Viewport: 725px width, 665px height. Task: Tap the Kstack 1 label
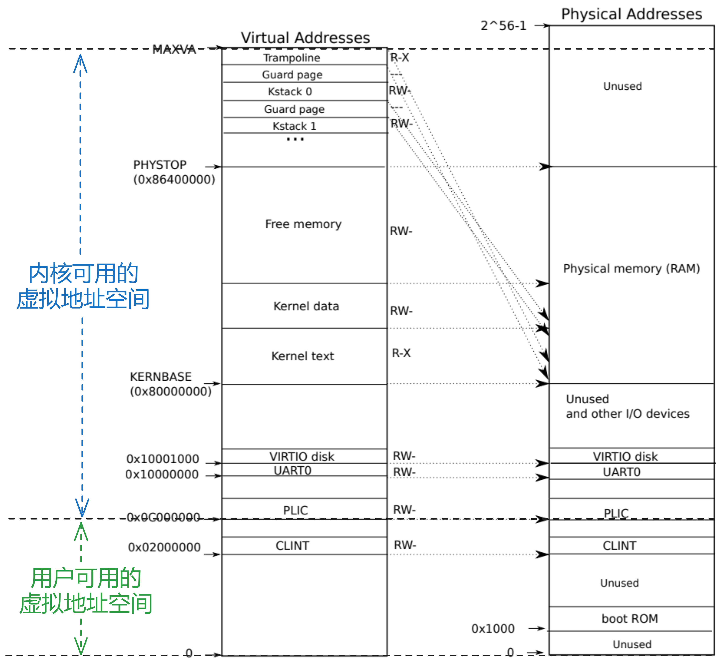[x=294, y=126]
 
